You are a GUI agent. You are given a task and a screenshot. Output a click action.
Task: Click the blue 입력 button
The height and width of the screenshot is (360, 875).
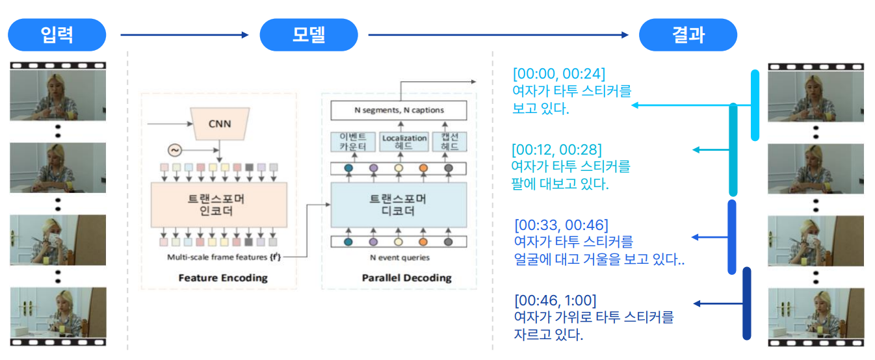(x=58, y=35)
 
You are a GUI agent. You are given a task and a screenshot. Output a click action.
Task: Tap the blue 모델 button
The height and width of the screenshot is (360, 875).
(x=308, y=35)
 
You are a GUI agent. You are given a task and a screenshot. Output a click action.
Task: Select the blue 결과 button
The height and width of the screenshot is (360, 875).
(x=688, y=35)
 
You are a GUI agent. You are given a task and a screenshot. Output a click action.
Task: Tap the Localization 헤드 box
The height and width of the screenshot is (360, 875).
(x=404, y=142)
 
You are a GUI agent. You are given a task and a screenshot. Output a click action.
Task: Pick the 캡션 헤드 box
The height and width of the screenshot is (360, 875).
(x=450, y=142)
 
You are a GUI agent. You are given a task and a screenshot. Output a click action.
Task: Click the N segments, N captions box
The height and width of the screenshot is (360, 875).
(x=399, y=110)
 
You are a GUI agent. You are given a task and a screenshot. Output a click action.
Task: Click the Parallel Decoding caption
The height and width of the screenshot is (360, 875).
(x=406, y=277)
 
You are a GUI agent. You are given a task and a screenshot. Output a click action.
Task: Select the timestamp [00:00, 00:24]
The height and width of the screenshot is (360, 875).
(x=559, y=73)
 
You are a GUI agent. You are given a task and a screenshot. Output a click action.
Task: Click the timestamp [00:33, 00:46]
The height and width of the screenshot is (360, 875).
(x=561, y=225)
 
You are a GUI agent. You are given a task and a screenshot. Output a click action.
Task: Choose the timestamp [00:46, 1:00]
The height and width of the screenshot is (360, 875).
(x=555, y=300)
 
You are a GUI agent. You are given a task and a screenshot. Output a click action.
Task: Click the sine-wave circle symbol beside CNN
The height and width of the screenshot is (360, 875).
(x=175, y=151)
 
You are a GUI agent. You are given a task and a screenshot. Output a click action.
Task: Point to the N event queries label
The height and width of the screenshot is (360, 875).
(x=399, y=258)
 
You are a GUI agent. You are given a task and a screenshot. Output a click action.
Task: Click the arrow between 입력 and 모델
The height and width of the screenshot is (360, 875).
(x=185, y=35)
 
